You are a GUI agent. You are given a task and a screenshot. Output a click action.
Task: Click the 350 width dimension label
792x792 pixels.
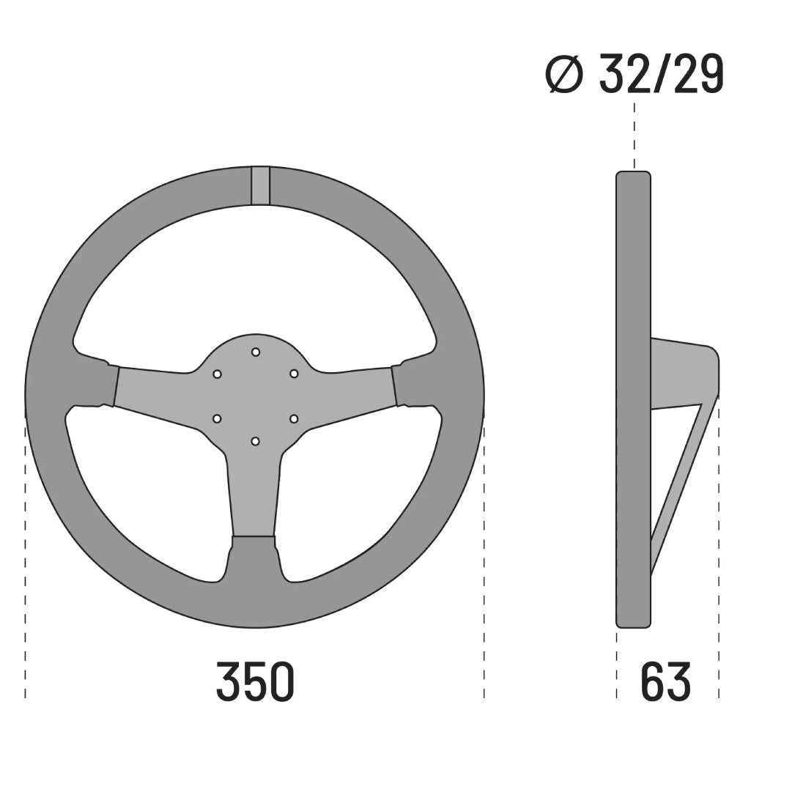coord(255,681)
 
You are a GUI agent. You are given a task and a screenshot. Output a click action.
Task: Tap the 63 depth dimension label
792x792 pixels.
coord(665,681)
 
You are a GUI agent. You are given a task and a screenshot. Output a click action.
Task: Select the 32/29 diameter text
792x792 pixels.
coord(661,74)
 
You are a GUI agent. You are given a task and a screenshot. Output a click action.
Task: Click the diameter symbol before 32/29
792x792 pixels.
coord(565,75)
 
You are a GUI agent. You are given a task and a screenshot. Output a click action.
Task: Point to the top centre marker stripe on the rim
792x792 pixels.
coord(261,185)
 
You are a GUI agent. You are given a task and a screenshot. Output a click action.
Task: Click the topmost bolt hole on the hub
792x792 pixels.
coord(256,352)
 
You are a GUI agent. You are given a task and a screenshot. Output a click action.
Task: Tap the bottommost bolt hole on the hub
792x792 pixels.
coord(256,441)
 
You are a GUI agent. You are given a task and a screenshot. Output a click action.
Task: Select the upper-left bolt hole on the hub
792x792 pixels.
coord(218,374)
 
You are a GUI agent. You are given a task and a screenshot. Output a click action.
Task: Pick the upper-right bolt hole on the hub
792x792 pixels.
coord(294,374)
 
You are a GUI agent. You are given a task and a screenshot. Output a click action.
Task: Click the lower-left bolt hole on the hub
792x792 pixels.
coord(218,418)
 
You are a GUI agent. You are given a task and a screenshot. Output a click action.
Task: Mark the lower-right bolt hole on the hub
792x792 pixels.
coord(294,418)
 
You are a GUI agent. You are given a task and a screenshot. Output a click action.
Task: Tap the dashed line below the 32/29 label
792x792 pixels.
coord(634,136)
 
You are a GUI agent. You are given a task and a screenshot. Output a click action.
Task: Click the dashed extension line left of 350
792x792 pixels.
coord(26,557)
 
